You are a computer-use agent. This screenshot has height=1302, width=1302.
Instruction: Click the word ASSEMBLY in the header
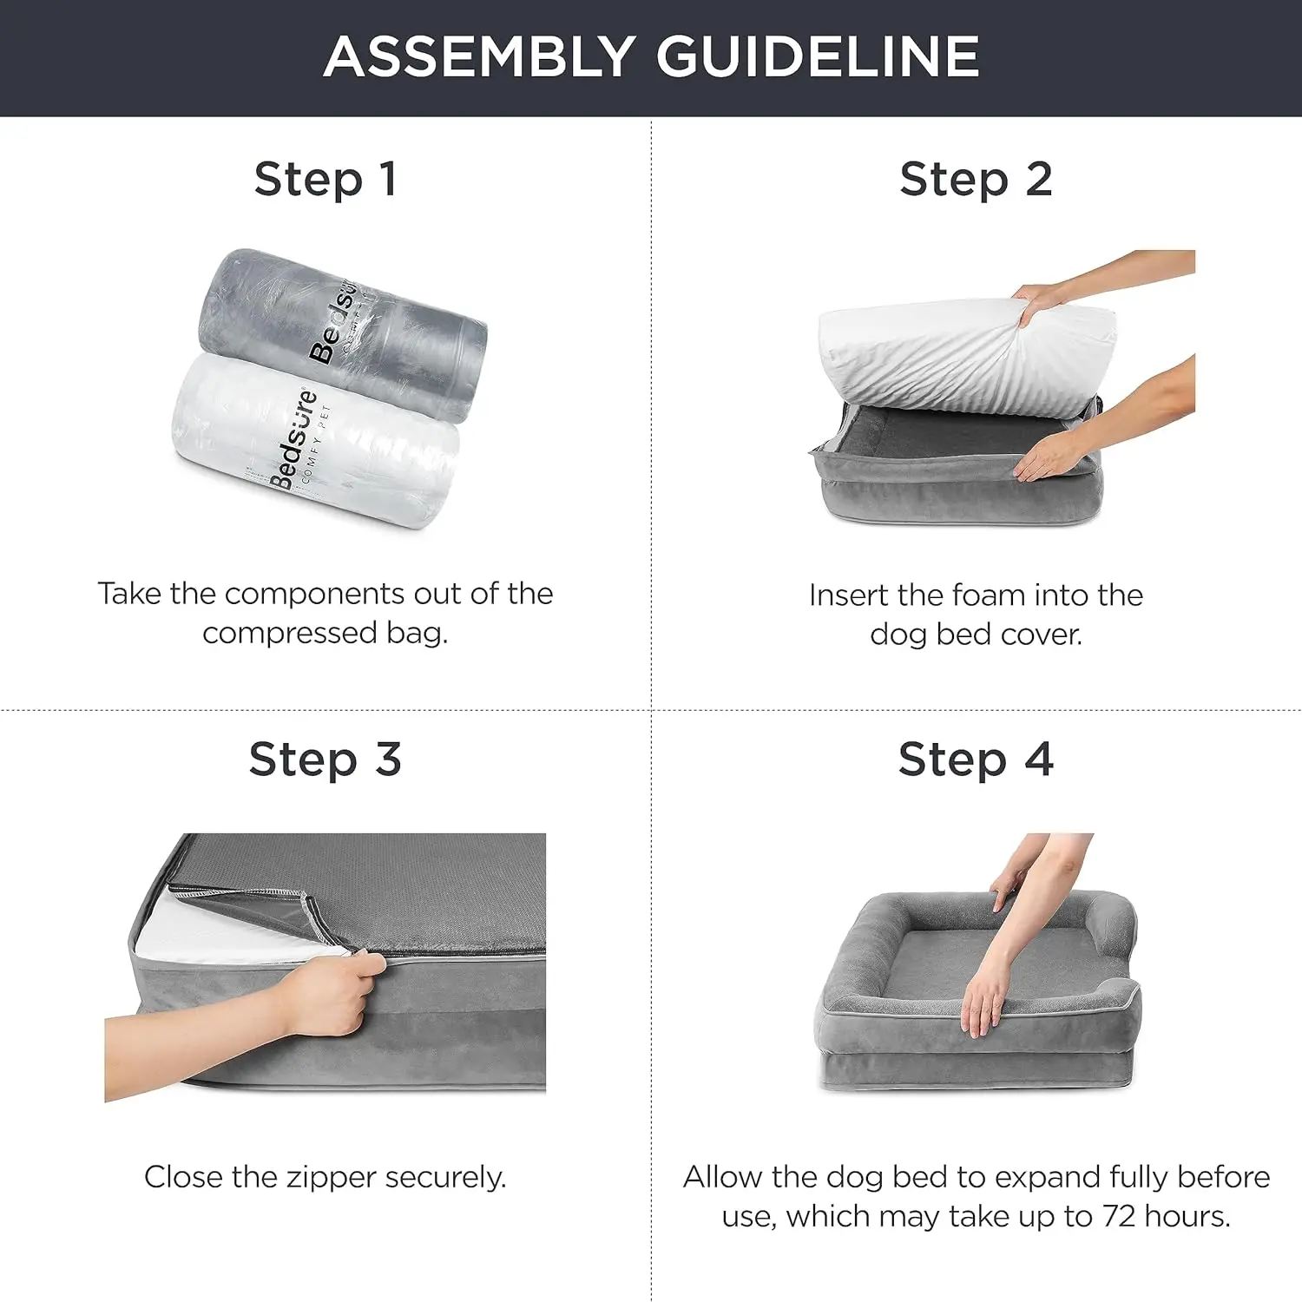click(479, 57)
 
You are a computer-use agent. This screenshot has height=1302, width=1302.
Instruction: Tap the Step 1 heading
click(325, 180)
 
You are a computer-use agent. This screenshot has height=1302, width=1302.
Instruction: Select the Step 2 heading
click(976, 180)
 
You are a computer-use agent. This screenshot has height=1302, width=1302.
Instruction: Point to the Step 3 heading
click(325, 759)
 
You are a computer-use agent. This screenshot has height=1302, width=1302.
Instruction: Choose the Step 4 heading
click(976, 759)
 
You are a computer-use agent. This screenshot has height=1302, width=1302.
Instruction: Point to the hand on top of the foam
click(1042, 304)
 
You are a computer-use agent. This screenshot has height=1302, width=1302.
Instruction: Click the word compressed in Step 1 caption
click(290, 633)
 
